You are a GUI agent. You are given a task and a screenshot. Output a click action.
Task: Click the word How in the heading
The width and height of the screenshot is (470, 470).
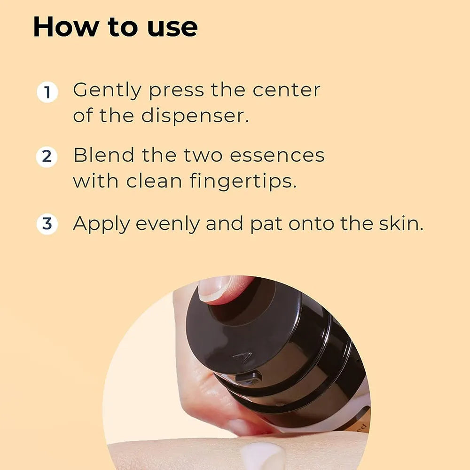pyautogui.click(x=60, y=27)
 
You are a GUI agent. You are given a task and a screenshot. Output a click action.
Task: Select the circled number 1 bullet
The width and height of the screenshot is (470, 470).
pyautogui.click(x=47, y=92)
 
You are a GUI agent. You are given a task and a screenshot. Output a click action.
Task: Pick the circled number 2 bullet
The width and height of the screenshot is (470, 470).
pyautogui.click(x=47, y=157)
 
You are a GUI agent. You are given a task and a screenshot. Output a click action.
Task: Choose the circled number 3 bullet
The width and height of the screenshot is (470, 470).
pyautogui.click(x=47, y=224)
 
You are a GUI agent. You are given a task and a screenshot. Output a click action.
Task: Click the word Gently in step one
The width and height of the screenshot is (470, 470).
pyautogui.click(x=107, y=90)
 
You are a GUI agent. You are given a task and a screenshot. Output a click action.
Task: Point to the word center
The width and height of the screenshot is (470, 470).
pyautogui.click(x=286, y=90)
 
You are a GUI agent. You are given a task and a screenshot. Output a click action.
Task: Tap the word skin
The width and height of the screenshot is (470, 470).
pyautogui.click(x=400, y=224)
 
